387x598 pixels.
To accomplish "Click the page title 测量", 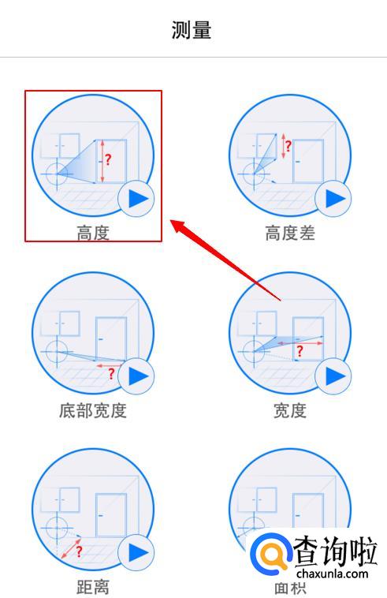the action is [192, 30].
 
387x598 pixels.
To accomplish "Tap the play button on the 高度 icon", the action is [136, 199].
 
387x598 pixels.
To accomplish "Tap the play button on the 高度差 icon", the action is [333, 199].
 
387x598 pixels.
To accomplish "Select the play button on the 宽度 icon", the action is [333, 376].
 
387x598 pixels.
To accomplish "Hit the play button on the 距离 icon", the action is [136, 552].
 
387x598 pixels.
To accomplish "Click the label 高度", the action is [93, 233].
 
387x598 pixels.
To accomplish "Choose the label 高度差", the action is [290, 233].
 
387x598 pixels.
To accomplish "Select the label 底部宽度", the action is [93, 411].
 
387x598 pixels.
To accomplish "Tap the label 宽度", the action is [290, 411].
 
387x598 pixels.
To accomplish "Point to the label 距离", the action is [93, 587].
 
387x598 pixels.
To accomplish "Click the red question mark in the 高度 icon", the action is [109, 159].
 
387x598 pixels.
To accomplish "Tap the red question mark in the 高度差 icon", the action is [288, 146].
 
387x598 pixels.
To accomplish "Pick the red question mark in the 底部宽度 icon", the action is [111, 374].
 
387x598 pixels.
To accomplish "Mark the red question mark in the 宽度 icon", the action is [300, 351].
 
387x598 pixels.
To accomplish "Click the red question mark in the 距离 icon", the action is [80, 551].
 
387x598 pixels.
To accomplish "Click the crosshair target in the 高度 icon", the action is [57, 174].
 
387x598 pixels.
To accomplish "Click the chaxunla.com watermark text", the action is [332, 574].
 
